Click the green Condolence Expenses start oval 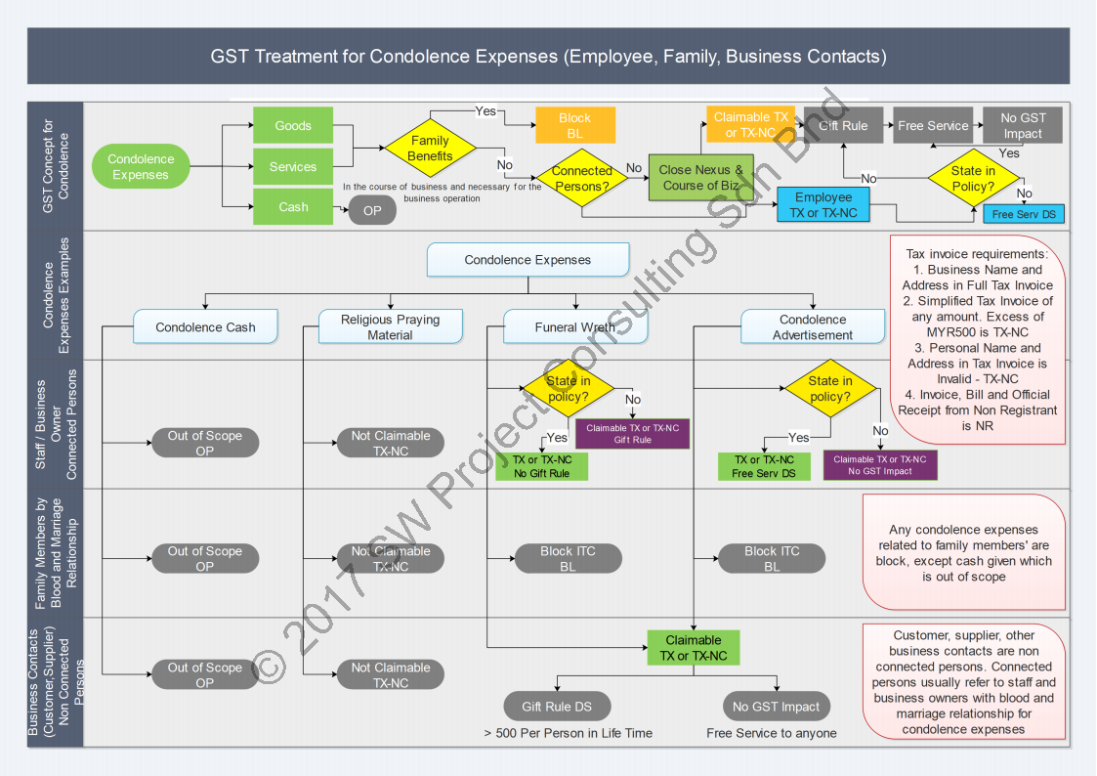[141, 167]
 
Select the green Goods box [293, 126]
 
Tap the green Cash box [293, 207]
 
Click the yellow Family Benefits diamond [430, 149]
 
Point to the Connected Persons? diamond [582, 178]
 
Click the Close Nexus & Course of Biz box [700, 178]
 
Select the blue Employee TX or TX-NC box [823, 205]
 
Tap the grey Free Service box [933, 126]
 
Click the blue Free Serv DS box [1023, 214]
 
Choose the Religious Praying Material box [390, 327]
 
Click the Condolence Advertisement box [813, 327]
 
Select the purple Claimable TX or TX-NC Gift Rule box [632, 434]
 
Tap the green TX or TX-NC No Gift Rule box [542, 466]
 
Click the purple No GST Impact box [879, 465]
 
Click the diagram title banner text [548, 56]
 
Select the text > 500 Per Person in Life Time [568, 733]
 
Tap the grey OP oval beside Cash [372, 209]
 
